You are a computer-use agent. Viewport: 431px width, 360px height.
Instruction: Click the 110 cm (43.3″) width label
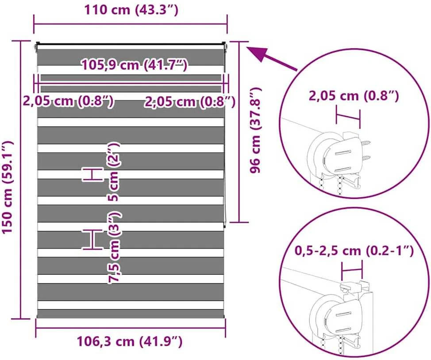(131, 10)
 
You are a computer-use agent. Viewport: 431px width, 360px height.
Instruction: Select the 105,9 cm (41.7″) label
(135, 65)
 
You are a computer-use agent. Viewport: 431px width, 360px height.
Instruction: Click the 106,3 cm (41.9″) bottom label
(129, 341)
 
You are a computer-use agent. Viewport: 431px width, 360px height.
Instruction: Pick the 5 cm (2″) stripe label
(113, 172)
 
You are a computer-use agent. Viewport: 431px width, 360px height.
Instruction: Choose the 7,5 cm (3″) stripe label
(114, 247)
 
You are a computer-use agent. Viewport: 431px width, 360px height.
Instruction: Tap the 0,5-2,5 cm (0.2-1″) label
(354, 250)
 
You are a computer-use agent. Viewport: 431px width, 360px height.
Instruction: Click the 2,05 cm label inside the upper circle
(354, 96)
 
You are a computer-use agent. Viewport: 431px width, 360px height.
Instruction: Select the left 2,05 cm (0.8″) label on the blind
(68, 101)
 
